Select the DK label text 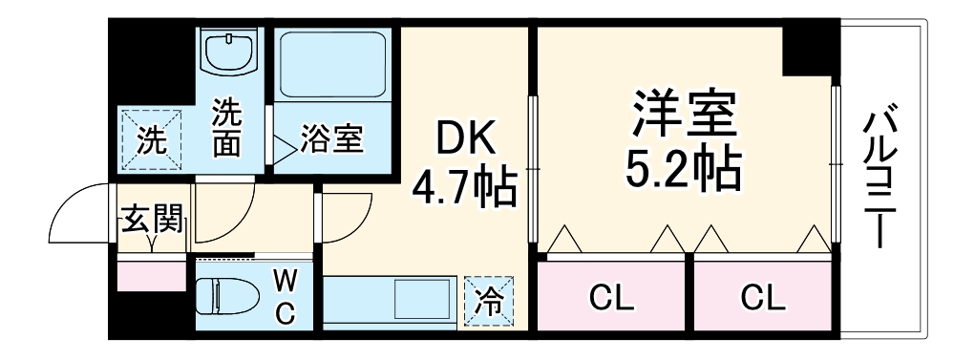point(465,142)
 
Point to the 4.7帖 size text point(465,188)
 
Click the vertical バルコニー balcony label point(880,180)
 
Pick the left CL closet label point(611,299)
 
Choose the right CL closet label point(764,299)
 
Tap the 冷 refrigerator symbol point(488,301)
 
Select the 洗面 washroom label point(226,128)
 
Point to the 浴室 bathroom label point(331,140)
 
